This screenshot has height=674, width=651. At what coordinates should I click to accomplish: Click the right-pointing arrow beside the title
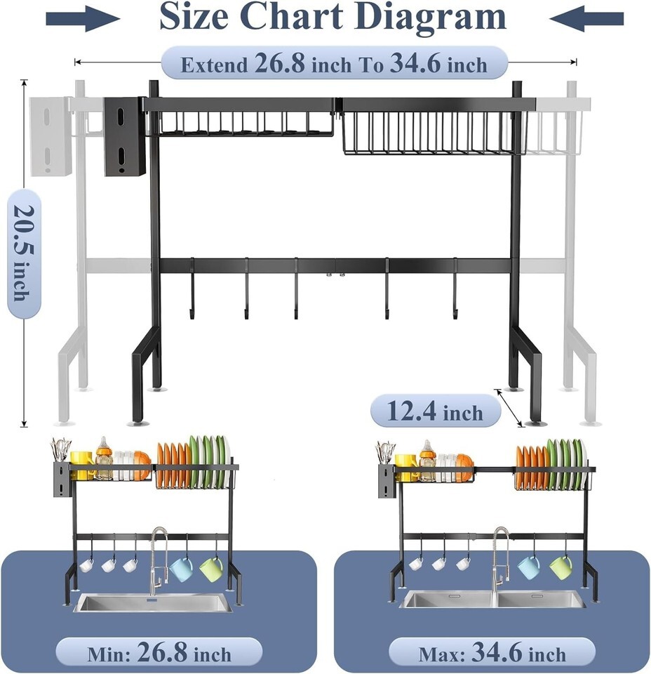click(x=83, y=19)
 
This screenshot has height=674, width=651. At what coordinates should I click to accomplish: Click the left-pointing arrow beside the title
click(x=586, y=19)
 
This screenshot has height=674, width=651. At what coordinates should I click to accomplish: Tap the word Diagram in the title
click(x=431, y=17)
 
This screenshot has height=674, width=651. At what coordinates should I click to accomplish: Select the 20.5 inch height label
click(x=24, y=253)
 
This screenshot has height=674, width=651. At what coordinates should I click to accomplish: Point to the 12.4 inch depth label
click(x=436, y=411)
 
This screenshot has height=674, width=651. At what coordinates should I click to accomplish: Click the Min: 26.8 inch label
click(x=159, y=652)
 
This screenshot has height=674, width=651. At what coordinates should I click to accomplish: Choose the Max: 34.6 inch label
click(x=492, y=652)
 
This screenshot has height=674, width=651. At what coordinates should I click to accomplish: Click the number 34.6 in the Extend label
click(x=415, y=62)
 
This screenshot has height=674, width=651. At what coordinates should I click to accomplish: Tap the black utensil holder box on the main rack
click(x=125, y=136)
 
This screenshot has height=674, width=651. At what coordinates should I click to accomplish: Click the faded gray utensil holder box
click(x=51, y=136)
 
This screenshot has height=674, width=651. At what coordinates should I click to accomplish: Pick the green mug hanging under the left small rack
click(x=212, y=569)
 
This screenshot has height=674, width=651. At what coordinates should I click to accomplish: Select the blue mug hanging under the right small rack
click(x=530, y=567)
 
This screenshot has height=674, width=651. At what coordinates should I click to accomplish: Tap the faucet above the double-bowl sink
click(x=500, y=559)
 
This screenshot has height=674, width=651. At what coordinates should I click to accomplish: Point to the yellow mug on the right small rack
click(x=405, y=466)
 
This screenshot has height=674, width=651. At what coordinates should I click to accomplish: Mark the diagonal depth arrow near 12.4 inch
click(x=510, y=407)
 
